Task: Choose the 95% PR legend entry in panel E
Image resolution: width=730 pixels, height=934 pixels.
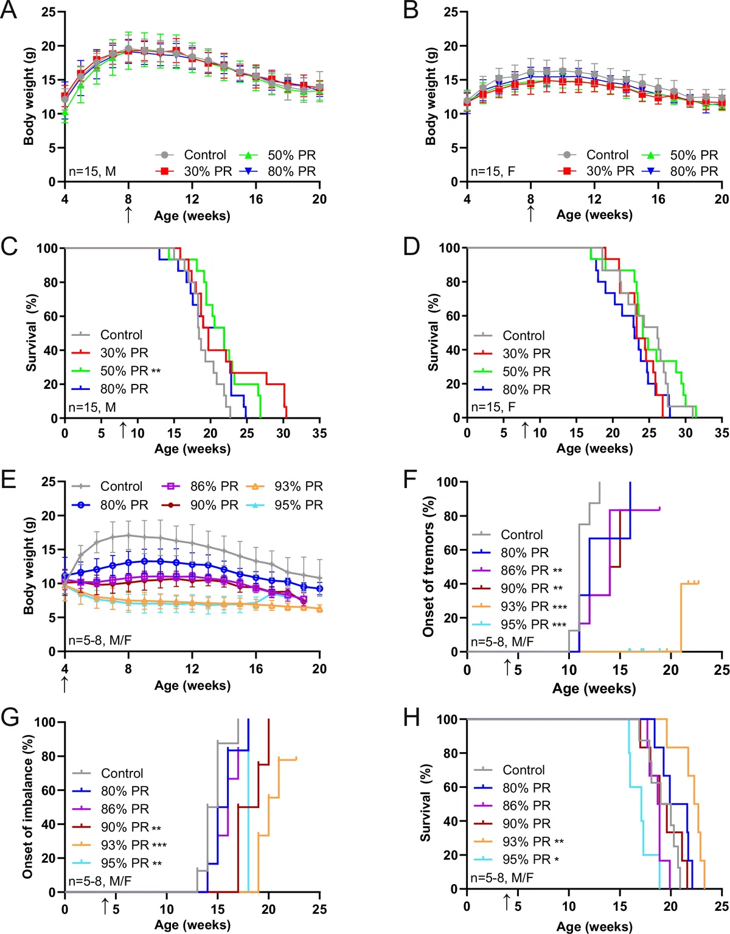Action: [x=285, y=504]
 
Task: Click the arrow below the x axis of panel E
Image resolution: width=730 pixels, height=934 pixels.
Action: [x=64, y=685]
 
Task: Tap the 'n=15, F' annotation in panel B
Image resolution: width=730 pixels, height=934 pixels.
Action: [x=493, y=172]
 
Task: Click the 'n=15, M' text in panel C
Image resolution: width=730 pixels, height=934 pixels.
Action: [x=92, y=406]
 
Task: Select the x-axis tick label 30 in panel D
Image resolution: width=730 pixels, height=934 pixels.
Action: [x=686, y=433]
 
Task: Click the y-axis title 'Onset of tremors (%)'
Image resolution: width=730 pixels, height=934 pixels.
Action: [x=429, y=566]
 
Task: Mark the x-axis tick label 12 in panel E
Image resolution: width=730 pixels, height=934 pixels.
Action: [x=192, y=668]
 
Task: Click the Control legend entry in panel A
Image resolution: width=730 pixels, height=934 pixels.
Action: [x=190, y=155]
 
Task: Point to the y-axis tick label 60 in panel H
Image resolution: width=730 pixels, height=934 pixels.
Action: [x=450, y=787]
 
